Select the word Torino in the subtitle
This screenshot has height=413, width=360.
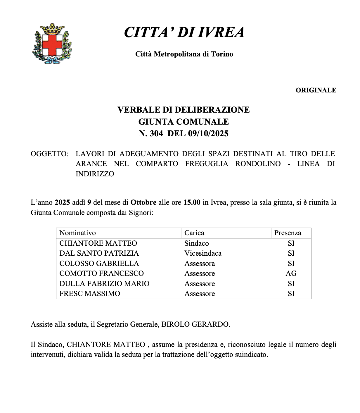click(x=222, y=54)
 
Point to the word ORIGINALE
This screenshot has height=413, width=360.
click(x=316, y=90)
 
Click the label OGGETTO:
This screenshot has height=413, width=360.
click(x=50, y=154)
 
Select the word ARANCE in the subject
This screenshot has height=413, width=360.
click(x=91, y=164)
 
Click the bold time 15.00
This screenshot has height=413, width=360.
click(x=192, y=202)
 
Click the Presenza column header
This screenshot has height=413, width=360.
click(x=288, y=233)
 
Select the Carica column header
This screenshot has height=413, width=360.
click(x=194, y=233)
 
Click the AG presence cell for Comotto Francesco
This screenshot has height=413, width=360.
click(x=291, y=273)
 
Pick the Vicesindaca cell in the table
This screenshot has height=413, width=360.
click(x=203, y=253)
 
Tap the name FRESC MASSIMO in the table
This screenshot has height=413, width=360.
click(x=90, y=294)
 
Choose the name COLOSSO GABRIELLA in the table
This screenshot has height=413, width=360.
click(x=99, y=264)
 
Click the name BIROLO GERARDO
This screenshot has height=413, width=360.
click(x=195, y=324)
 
